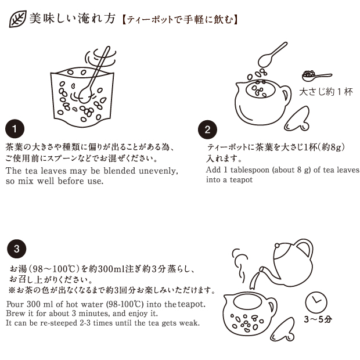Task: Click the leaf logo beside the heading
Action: coord(17,19)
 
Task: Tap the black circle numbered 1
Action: coord(15,128)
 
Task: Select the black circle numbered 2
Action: coord(207,129)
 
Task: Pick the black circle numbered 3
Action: coord(16,249)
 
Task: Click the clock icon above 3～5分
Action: coord(316,303)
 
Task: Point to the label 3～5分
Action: coord(318,319)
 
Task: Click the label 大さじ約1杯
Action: coord(326,92)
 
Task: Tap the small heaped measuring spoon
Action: coord(317,75)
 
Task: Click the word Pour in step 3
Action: coord(15,304)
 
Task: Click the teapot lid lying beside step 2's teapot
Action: coord(297,118)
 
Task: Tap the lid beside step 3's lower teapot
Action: coord(283,330)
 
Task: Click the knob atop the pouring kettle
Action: coord(277,246)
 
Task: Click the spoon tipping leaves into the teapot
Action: coord(272,55)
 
